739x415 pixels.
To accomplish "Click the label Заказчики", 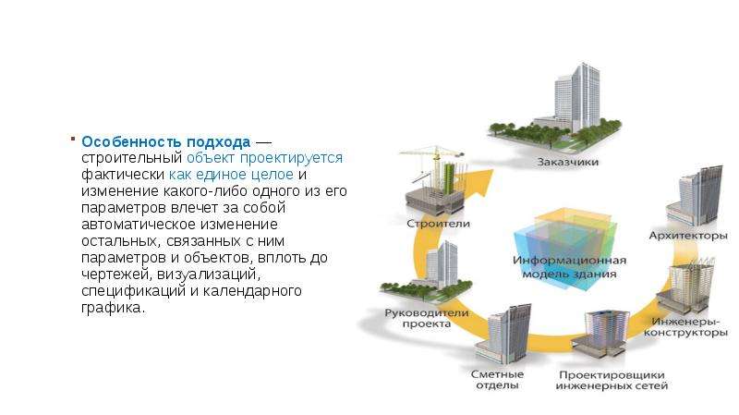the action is pos(567,162).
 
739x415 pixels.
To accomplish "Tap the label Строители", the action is pos(438,224).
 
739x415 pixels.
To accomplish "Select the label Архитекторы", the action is pos(688,236).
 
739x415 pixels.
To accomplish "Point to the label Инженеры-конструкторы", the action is pos(685,327).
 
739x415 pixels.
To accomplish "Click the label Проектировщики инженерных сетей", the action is pos(612,380).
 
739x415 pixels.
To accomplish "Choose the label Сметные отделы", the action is pos(497,380).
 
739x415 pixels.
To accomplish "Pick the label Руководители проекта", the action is pos(427,318).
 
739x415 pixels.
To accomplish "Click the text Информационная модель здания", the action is pos(569,267).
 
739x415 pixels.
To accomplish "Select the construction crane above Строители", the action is pos(431,163).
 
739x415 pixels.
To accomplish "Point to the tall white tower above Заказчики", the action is pos(577,97).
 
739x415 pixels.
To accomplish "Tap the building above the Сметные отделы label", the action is pos(503,334).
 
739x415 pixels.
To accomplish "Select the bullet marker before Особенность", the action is pos(73,139).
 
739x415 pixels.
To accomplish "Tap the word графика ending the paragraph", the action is pos(111,308).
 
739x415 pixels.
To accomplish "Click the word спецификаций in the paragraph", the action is pos(134,291).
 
